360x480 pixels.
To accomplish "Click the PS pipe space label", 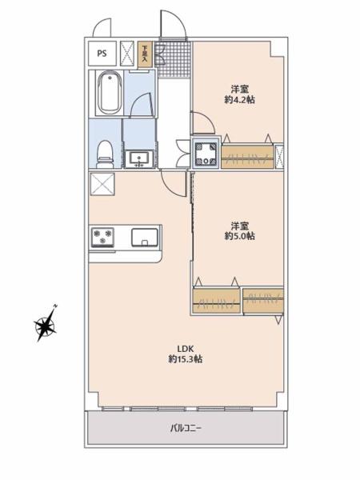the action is click(102, 54).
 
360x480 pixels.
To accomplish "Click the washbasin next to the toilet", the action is click(139, 159).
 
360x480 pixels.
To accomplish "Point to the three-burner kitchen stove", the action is click(102, 238).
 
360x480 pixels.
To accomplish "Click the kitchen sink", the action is click(145, 238).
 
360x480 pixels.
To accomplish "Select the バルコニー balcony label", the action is click(186, 428).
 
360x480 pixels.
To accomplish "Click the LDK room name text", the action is click(186, 349).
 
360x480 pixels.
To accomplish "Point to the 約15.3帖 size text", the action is click(186, 358).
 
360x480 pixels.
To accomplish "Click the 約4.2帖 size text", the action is click(240, 99).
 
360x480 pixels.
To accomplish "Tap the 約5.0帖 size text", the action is click(240, 236).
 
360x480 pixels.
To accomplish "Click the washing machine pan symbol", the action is click(206, 153).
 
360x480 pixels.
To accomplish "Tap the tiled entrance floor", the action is click(172, 59).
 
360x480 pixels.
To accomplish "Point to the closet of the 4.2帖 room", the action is click(247, 157).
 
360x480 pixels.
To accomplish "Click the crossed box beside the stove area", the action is click(102, 184).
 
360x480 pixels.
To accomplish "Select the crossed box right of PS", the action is click(127, 54).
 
